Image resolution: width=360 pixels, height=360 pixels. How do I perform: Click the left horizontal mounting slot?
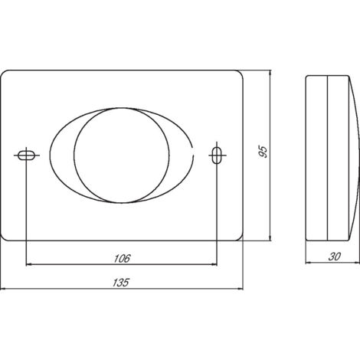click(26, 155)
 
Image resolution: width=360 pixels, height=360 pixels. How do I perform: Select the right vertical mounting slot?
click(218, 155)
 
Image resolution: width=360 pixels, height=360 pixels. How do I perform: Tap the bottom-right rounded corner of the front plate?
click(240, 235)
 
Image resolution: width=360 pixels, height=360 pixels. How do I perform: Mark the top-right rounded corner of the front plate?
click(240, 74)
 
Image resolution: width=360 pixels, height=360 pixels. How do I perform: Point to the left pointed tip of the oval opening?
click(48, 155)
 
